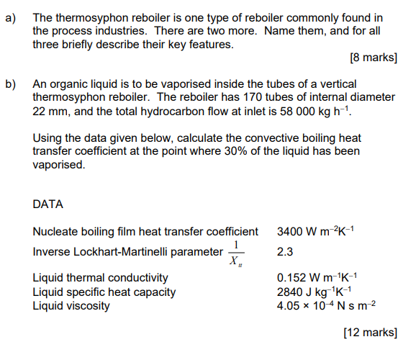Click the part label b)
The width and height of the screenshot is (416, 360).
(x=12, y=84)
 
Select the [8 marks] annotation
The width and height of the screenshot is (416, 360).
(x=373, y=57)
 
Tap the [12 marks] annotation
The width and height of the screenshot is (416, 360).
(x=370, y=332)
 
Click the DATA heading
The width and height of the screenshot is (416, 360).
(x=48, y=204)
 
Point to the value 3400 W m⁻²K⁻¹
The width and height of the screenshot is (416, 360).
(x=316, y=231)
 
